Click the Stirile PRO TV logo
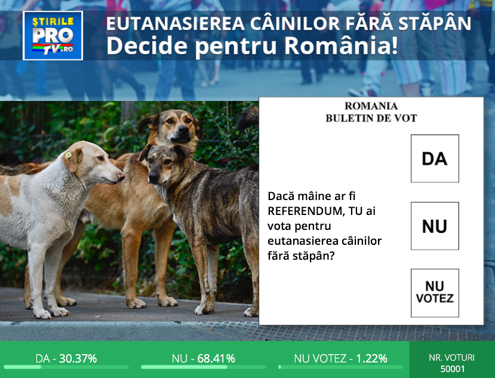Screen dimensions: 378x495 53,35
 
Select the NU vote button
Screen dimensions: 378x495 435,226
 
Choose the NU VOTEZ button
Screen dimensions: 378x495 435,293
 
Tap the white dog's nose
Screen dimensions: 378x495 121,176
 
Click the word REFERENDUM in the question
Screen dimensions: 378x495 303,211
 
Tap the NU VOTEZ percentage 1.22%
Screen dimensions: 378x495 371,358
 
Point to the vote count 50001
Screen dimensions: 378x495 452,368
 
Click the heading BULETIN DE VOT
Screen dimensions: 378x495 371,118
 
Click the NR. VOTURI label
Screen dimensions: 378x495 452,358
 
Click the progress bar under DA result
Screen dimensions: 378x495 66,367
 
